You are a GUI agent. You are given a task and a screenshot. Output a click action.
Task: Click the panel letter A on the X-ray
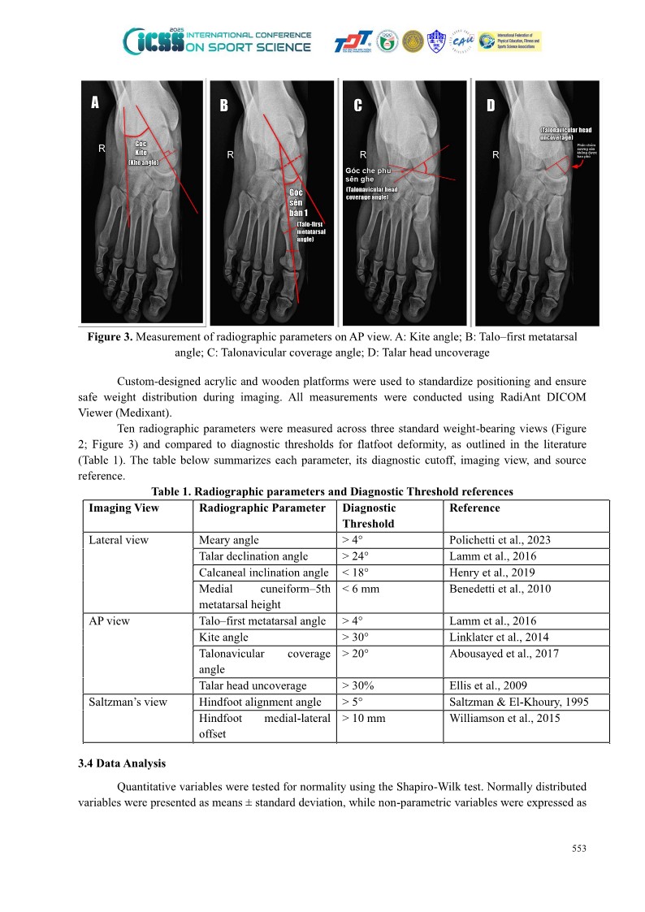click(95, 102)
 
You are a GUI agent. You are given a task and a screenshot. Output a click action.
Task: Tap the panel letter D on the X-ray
click(491, 106)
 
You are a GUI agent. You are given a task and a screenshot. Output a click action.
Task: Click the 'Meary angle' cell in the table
click(223, 540)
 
